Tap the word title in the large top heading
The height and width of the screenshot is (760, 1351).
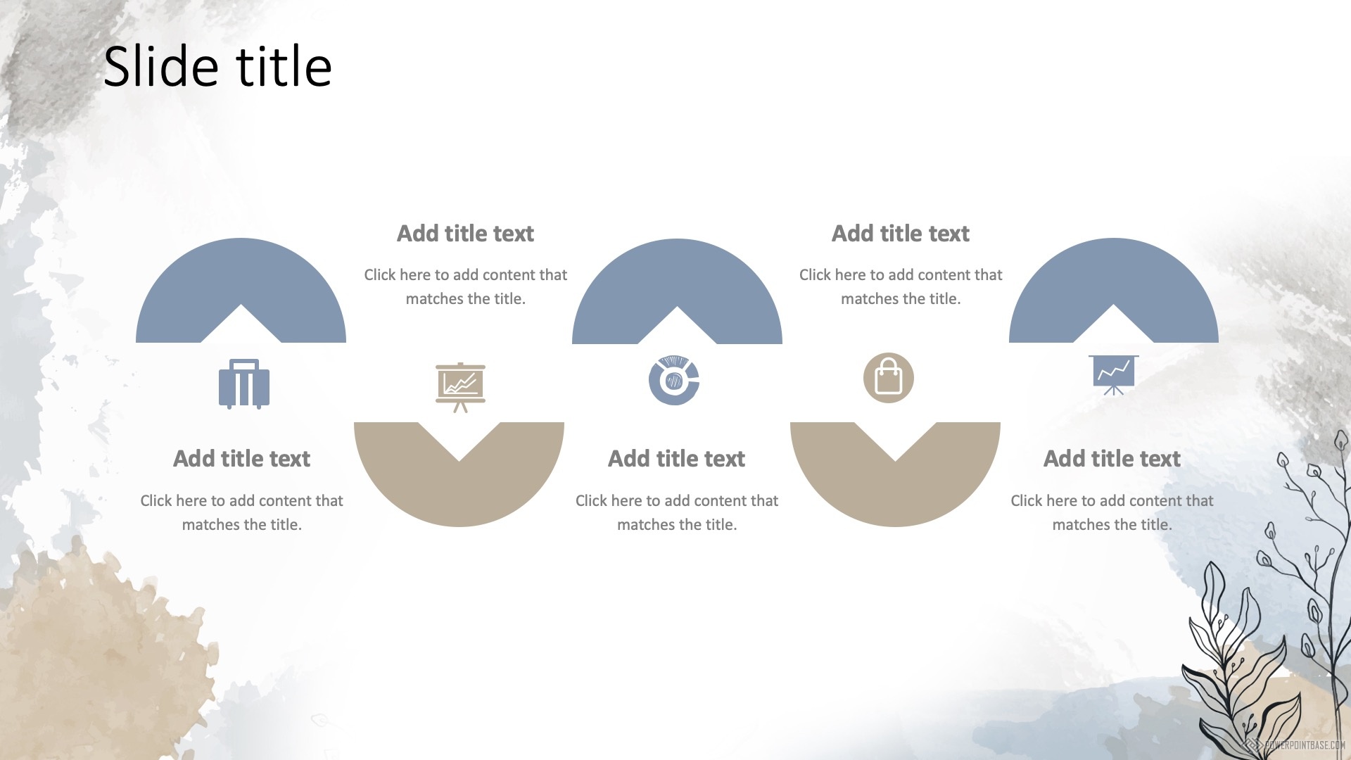coord(284,66)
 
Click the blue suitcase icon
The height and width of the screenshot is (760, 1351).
coord(244,384)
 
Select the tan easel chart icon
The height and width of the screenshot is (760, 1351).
coord(460,387)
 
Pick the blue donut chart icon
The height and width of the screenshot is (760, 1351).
coord(674,380)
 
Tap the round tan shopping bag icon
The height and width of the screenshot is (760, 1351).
coord(889,378)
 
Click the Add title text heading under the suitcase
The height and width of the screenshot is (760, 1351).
coord(241,459)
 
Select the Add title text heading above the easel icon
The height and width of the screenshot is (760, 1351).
coord(465,234)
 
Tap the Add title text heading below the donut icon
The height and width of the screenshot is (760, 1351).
coord(676,459)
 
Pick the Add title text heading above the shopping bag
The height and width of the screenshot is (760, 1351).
coord(901,234)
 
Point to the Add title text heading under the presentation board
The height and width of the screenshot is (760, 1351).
coord(1112,459)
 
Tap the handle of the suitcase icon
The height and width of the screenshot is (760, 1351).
coord(244,365)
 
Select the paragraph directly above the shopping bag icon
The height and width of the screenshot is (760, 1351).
coord(901,286)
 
